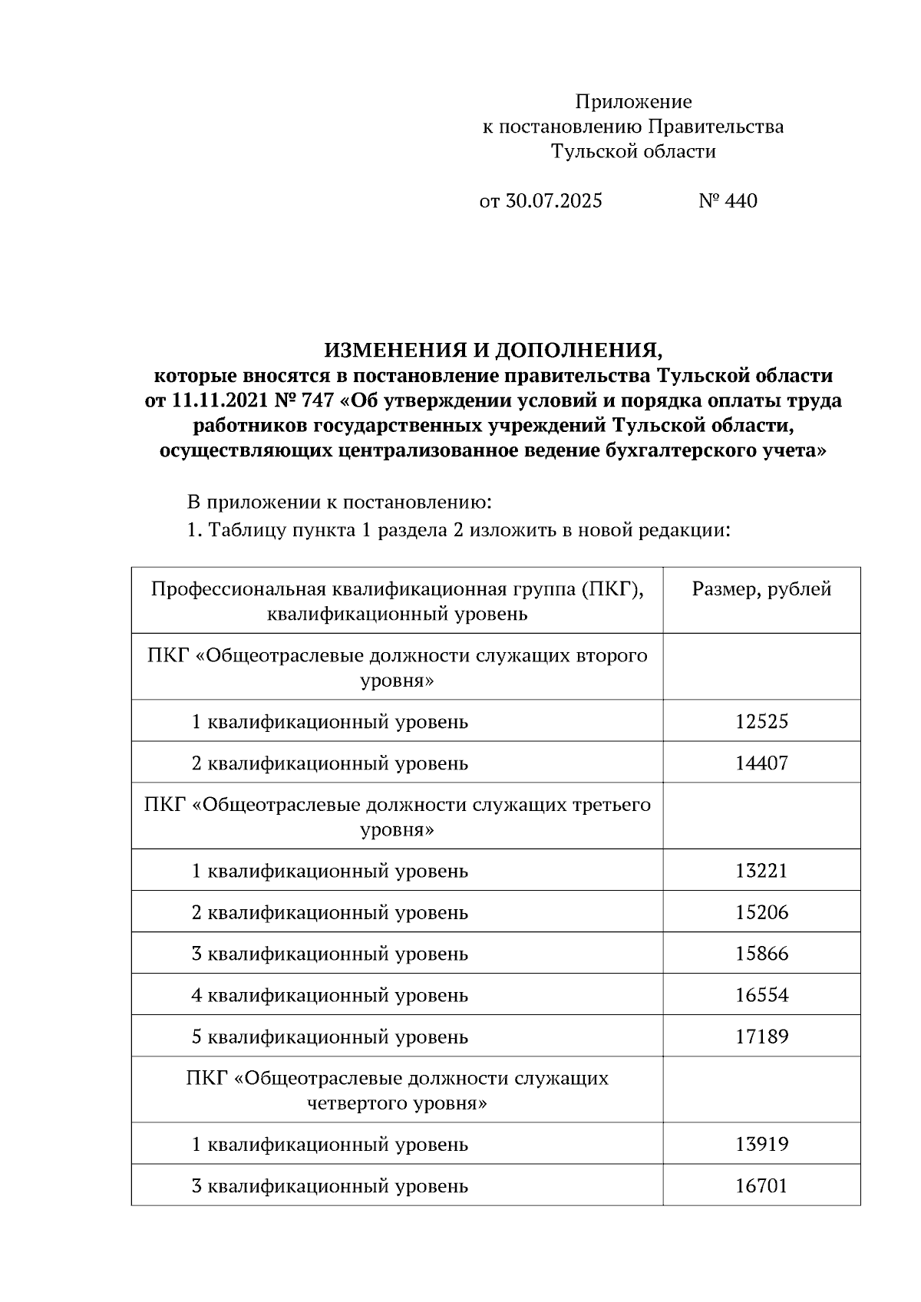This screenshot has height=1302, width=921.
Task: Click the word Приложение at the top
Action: tap(633, 102)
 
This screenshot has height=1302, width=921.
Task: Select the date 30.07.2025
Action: tap(553, 201)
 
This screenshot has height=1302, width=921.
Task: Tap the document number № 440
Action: tap(728, 201)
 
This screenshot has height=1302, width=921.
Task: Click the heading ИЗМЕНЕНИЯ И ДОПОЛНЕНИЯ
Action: tap(493, 351)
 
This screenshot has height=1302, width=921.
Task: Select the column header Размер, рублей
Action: tap(761, 589)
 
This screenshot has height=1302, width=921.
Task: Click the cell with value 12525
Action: tap(761, 721)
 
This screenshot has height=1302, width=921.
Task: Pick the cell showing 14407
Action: tap(761, 763)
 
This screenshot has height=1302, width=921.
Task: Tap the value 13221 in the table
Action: tap(761, 871)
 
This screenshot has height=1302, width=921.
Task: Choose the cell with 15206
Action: tap(761, 912)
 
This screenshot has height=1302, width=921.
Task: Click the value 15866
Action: tap(761, 954)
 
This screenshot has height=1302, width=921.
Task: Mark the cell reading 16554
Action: tap(761, 995)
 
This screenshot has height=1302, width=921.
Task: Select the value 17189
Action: tap(761, 1037)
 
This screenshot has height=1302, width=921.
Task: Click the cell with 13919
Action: tap(761, 1145)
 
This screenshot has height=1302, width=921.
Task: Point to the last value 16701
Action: tap(761, 1186)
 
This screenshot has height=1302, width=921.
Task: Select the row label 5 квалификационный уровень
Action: tap(329, 1037)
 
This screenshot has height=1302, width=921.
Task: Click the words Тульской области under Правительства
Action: tap(633, 151)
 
